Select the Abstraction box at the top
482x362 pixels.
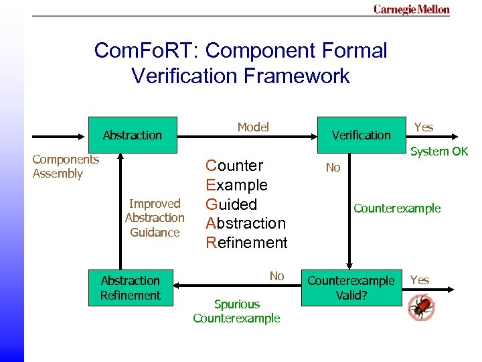pyautogui.click(x=132, y=135)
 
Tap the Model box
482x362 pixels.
pyautogui.click(x=253, y=127)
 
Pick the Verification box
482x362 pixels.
pyautogui.click(x=361, y=135)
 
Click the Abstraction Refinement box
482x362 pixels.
pyautogui.click(x=131, y=288)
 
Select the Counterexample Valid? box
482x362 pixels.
pyautogui.click(x=351, y=288)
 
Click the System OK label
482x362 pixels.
pyautogui.click(x=439, y=152)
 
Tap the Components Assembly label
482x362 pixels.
pyautogui.click(x=66, y=166)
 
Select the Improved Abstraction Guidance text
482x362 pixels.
pyautogui.click(x=155, y=218)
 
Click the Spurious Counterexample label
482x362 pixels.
pyautogui.click(x=236, y=311)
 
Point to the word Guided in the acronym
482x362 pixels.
pyautogui.click(x=231, y=204)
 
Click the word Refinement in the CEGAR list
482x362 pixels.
pyautogui.click(x=246, y=243)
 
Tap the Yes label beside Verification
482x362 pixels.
pyautogui.click(x=424, y=127)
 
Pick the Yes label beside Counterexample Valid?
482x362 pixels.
pyautogui.click(x=420, y=280)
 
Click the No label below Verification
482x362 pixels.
pyautogui.click(x=333, y=168)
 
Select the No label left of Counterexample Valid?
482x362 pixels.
pyautogui.click(x=276, y=276)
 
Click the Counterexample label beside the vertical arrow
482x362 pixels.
pyautogui.click(x=397, y=208)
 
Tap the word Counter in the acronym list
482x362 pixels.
pyautogui.click(x=234, y=166)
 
